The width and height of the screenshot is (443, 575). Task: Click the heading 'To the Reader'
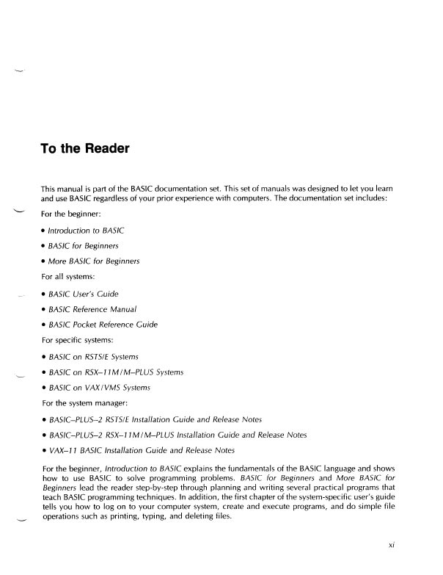85,149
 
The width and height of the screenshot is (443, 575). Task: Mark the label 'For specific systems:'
80,341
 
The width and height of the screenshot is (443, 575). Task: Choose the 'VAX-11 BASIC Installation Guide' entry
142,449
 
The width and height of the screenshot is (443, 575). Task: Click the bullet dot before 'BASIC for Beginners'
44,247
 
